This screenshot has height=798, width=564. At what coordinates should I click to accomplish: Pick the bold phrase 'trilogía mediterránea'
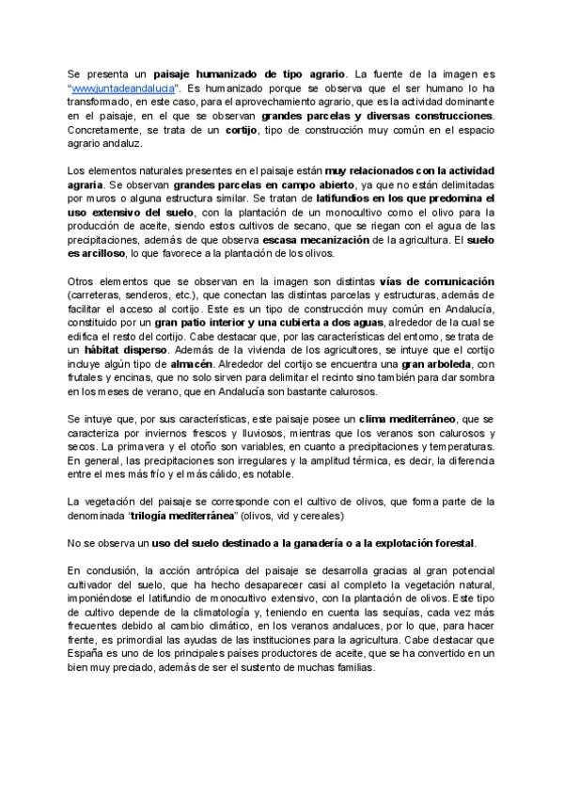pos(192,518)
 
